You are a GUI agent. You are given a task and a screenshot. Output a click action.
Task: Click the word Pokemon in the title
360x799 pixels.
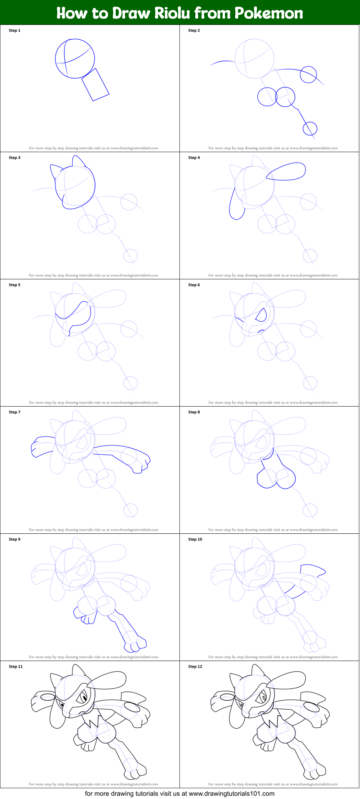click(268, 13)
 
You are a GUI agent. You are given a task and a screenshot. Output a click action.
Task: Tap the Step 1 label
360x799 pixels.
click(14, 31)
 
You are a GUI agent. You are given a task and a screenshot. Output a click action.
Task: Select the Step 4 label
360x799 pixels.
click(194, 158)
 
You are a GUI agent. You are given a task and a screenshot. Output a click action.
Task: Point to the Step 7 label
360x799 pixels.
click(14, 412)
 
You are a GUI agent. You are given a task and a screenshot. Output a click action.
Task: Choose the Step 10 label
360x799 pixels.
click(195, 540)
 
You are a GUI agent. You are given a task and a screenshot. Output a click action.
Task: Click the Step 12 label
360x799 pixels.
click(195, 667)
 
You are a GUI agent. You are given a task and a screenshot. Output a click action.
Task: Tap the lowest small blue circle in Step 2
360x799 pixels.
click(310, 128)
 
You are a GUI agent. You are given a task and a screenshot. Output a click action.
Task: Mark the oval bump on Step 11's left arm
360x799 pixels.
click(46, 696)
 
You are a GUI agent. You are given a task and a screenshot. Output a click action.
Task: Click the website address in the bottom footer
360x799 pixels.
click(231, 793)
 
